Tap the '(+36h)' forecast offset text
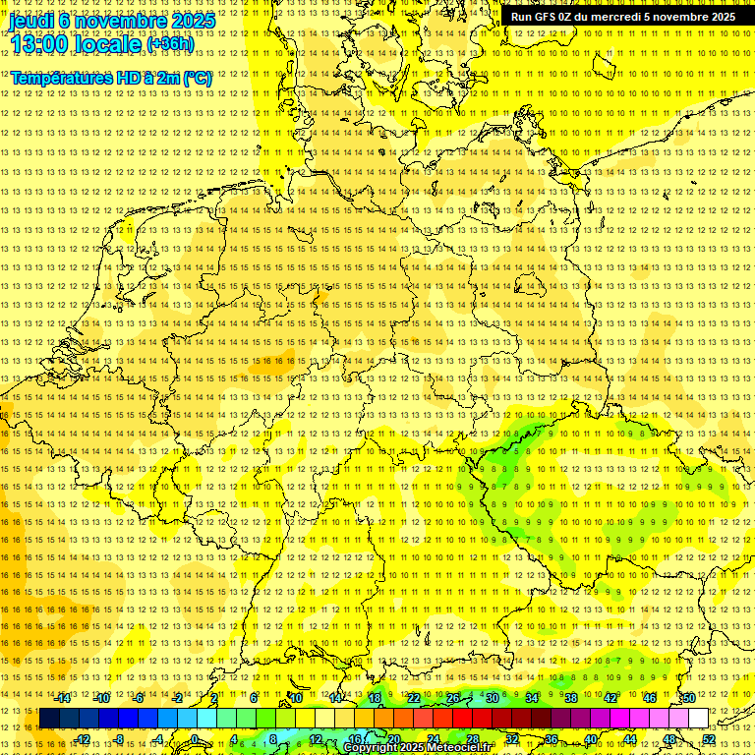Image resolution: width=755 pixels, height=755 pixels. click(x=170, y=44)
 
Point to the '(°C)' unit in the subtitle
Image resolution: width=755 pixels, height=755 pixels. click(x=195, y=78)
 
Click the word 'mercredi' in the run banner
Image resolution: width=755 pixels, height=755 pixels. click(x=612, y=17)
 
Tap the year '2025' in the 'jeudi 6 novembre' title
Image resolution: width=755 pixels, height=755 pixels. click(x=191, y=20)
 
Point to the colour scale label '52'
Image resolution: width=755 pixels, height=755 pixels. click(x=708, y=739)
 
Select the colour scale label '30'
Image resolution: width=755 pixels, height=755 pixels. click(x=492, y=698)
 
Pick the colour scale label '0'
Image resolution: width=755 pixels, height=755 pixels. click(x=195, y=739)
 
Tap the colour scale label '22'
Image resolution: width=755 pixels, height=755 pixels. click(x=413, y=698)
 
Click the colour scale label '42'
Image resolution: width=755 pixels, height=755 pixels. click(x=610, y=698)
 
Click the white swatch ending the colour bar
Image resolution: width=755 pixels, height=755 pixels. click(x=697, y=719)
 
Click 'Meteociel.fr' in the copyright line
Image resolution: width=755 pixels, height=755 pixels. click(x=458, y=748)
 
